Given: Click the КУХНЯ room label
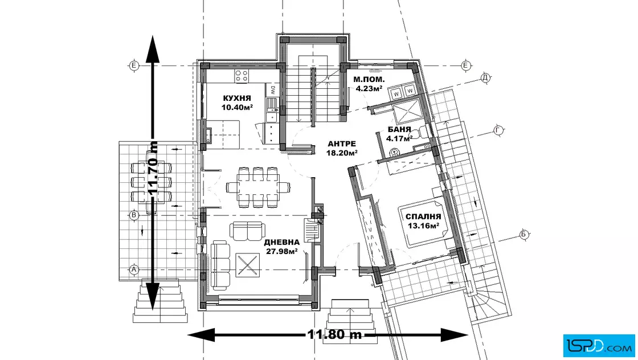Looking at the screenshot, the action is click(237, 98).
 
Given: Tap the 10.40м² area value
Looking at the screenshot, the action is click(237, 108).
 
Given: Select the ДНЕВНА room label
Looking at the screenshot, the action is click(282, 243).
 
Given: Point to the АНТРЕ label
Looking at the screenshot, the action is click(342, 144).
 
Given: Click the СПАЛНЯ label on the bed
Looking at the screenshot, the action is click(423, 217).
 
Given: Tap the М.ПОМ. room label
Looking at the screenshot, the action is click(369, 80).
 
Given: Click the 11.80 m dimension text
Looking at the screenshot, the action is click(334, 334).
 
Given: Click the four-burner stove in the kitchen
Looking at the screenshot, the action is click(242, 76).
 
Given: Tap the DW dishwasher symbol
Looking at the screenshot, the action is click(273, 90).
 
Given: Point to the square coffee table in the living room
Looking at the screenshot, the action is click(247, 265).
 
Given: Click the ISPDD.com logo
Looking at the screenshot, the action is click(599, 346).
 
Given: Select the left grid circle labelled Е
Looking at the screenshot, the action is click(133, 66).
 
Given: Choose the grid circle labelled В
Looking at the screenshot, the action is click(134, 215).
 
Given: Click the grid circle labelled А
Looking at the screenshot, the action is click(134, 269).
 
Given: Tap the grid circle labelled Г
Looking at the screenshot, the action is click(498, 130).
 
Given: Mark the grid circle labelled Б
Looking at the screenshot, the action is click(524, 235).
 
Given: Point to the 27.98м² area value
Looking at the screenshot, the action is click(281, 251).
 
